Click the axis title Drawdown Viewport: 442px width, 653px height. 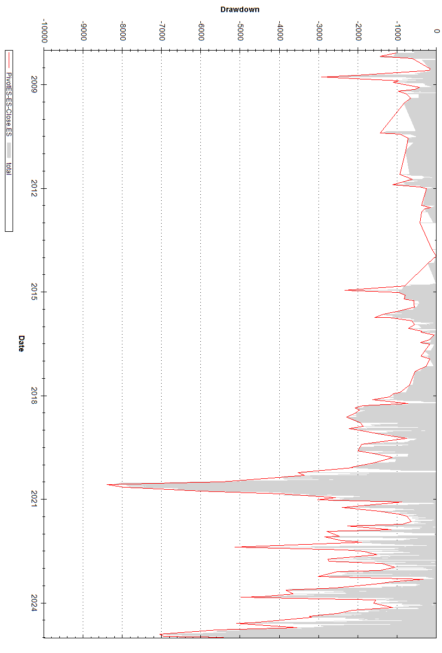click(x=240, y=9)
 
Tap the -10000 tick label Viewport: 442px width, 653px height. click(x=44, y=32)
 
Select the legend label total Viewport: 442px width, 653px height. click(x=9, y=168)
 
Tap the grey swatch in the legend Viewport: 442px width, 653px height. click(x=9, y=150)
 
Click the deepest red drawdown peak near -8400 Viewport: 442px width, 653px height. click(x=107, y=484)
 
